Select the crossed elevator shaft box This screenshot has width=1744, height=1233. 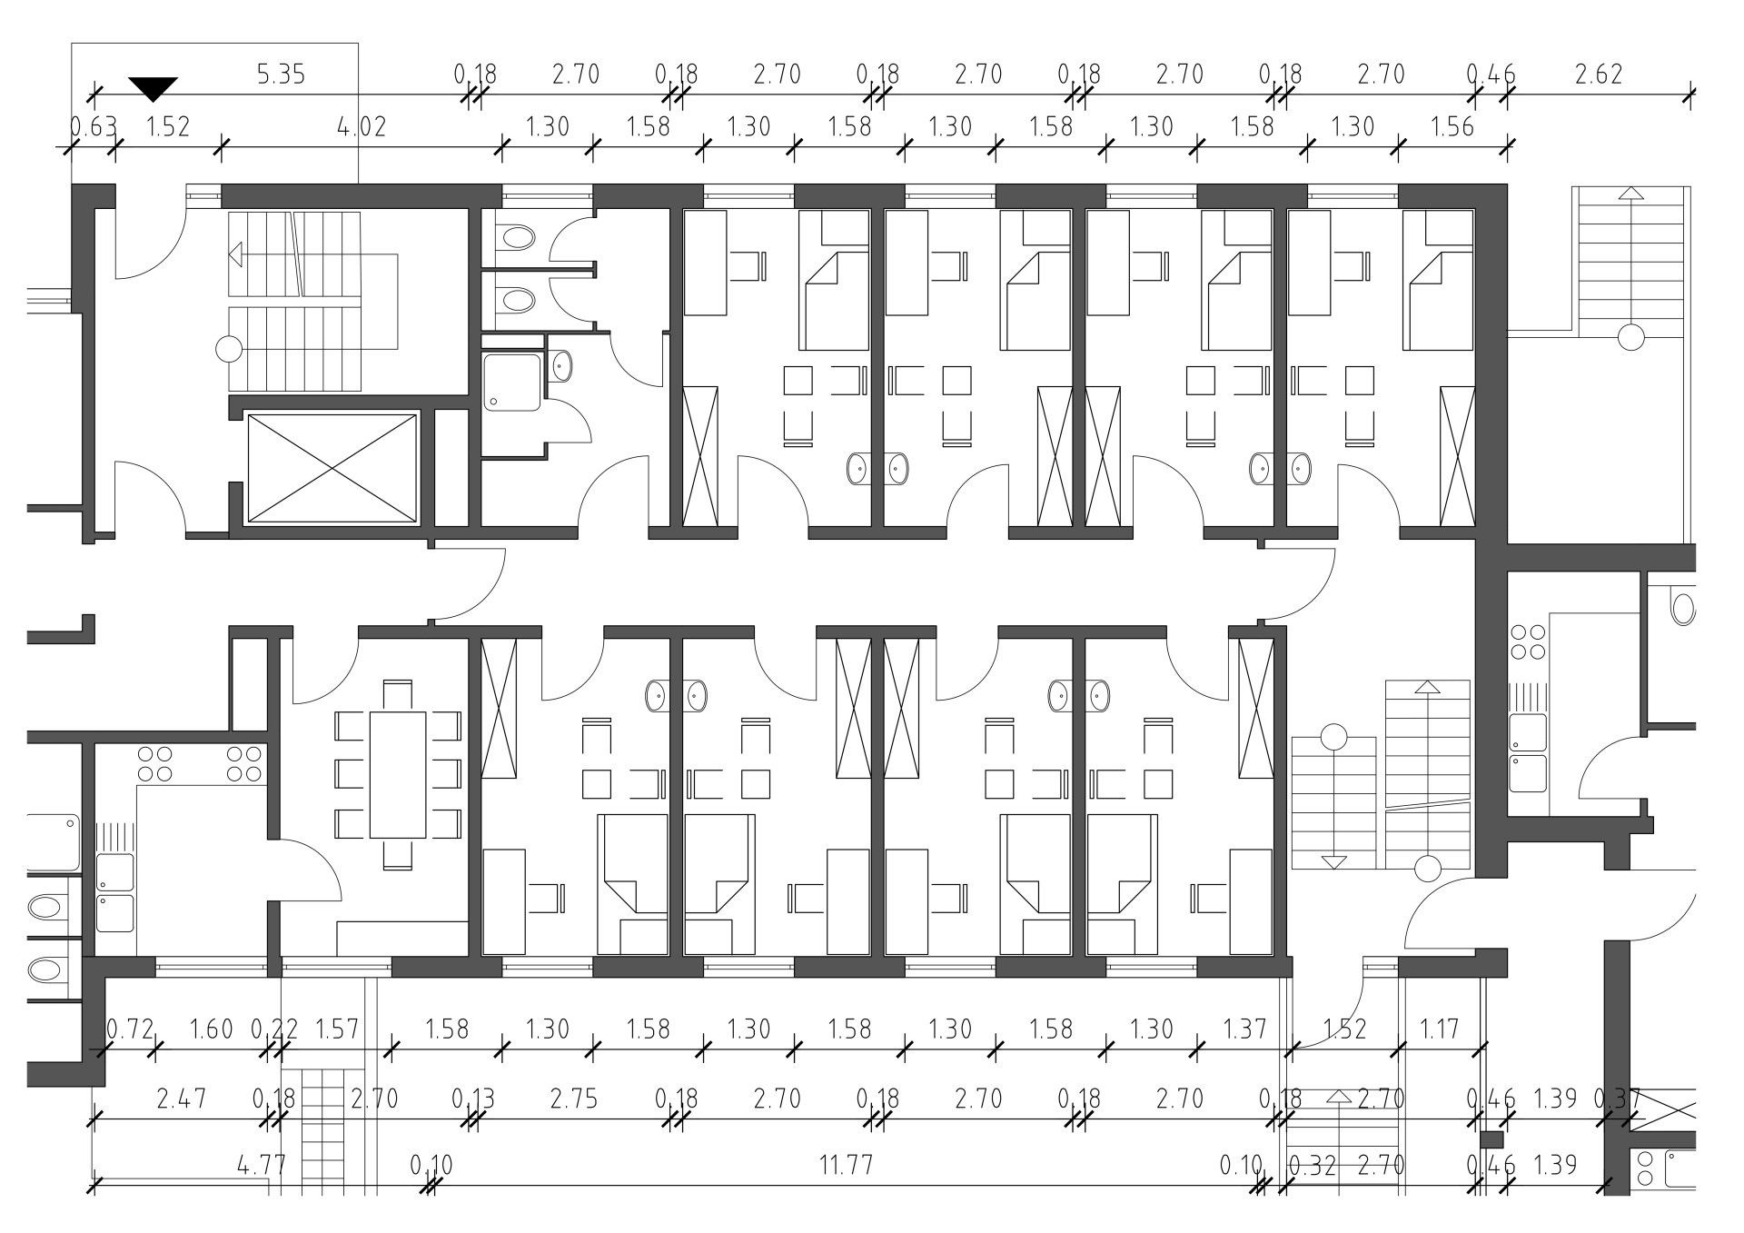coord(332,468)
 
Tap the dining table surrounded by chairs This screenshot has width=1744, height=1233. coord(398,775)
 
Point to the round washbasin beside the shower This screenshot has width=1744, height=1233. coord(562,366)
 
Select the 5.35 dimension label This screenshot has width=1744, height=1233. coord(282,75)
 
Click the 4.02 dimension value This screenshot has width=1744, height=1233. coord(361,126)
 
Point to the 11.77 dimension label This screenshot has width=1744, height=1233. coord(846,1165)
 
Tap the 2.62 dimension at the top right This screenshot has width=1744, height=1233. coord(1599,75)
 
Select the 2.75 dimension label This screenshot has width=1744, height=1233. coord(574,1099)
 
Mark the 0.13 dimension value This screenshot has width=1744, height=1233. coord(473,1099)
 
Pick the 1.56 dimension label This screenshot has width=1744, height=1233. coord(1452,126)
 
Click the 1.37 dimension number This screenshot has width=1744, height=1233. coord(1244,1029)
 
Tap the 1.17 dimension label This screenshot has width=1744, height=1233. coord(1439,1029)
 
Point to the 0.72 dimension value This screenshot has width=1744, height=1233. coord(131,1029)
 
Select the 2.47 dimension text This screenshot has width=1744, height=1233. coord(182,1099)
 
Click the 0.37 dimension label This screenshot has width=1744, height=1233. coord(1618,1099)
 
